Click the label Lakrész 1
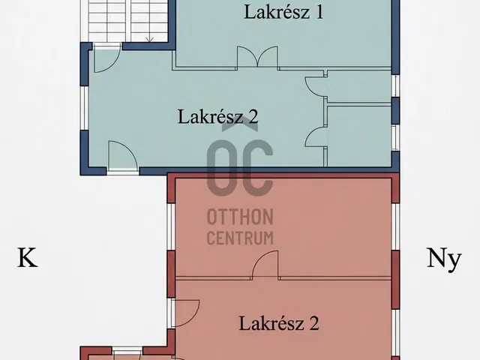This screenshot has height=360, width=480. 283,13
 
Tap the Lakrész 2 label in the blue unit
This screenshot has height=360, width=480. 218,117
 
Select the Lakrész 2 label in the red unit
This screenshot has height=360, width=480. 279,323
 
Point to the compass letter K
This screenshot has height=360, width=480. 28,258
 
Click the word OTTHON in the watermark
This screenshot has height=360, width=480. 240,217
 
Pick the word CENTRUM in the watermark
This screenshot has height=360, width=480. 240,238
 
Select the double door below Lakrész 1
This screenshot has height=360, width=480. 258,57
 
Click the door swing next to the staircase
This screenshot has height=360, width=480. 106,58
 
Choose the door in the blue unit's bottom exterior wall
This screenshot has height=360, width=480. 123,155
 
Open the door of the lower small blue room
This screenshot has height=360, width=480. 315,136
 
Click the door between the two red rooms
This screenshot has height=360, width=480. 265,265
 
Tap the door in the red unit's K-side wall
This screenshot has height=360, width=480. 185,313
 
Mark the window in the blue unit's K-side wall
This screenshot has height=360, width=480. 84,108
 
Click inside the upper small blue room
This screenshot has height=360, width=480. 359,86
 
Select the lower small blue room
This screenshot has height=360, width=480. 359,136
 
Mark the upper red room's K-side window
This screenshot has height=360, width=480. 171,226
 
